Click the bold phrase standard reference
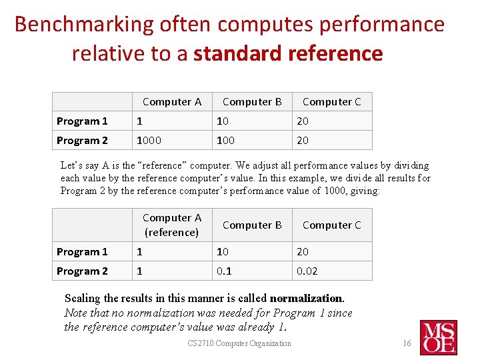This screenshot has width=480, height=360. coord(288,53)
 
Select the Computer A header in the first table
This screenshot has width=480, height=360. coord(172,102)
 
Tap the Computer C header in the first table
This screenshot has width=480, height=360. coord(331,102)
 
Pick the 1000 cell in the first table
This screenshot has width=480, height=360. coord(149,140)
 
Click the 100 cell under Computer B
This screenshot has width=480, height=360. coord(225,140)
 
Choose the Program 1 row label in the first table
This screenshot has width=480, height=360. coord(82,121)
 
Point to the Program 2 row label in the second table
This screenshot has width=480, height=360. coord(82,271)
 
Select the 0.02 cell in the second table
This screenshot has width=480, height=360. coord(307,271)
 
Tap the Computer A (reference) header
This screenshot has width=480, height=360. coord(172,225)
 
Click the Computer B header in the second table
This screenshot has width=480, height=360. coord(252,225)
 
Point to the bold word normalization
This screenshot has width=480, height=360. coord(306,299)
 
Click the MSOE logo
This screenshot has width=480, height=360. coord(438,337)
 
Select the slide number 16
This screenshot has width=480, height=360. coord(407,343)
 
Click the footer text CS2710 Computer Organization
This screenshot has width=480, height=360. coord(239,343)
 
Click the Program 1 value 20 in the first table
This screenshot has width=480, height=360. coord(303,121)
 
